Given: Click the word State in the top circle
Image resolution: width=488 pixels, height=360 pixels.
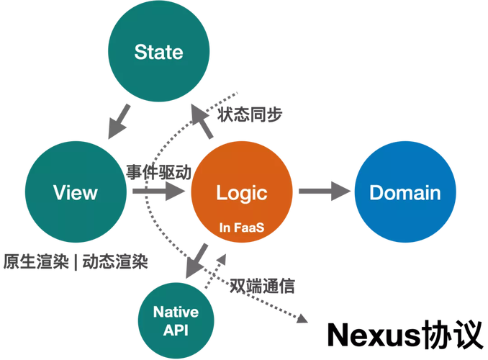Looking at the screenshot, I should pyautogui.click(x=158, y=53).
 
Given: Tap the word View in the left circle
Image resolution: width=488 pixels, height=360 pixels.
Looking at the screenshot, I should pyautogui.click(x=75, y=192).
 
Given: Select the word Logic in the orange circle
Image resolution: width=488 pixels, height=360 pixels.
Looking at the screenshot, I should pyautogui.click(x=242, y=192).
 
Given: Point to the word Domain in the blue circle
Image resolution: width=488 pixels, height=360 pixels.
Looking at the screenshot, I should pyautogui.click(x=405, y=192).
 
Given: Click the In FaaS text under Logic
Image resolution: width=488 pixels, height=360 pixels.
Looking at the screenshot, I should pyautogui.click(x=242, y=228).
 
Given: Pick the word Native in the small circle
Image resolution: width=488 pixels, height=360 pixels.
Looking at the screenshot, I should pyautogui.click(x=176, y=312).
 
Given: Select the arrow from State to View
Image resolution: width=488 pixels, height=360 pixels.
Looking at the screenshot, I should pyautogui.click(x=119, y=120).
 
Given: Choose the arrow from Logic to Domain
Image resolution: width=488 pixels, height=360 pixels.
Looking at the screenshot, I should pyautogui.click(x=324, y=192).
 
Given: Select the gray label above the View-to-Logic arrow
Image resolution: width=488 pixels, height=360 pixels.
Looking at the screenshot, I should pyautogui.click(x=158, y=172).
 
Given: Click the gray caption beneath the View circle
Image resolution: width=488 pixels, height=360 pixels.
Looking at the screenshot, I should pyautogui.click(x=75, y=261).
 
